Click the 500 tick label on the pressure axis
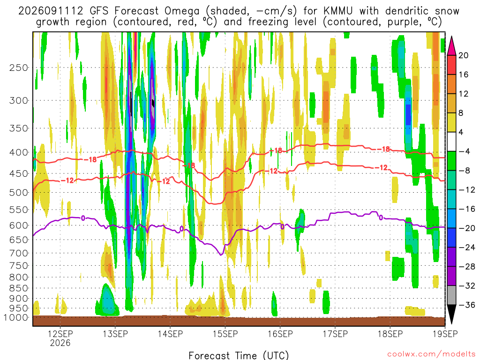(x=19, y=193)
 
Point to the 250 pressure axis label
(x=19, y=67)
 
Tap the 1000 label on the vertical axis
(x=16, y=317)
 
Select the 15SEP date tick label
(x=225, y=334)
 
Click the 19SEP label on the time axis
(x=445, y=334)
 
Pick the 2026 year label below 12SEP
(x=60, y=343)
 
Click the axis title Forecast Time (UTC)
(x=239, y=355)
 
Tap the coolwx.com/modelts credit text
(x=431, y=354)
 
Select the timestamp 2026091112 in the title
(x=51, y=11)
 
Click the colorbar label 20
(x=463, y=55)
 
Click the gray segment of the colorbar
(x=451, y=295)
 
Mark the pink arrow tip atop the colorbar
(x=451, y=37)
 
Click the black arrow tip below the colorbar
(x=451, y=323)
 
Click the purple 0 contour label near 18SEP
(x=381, y=217)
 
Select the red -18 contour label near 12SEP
(x=90, y=159)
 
